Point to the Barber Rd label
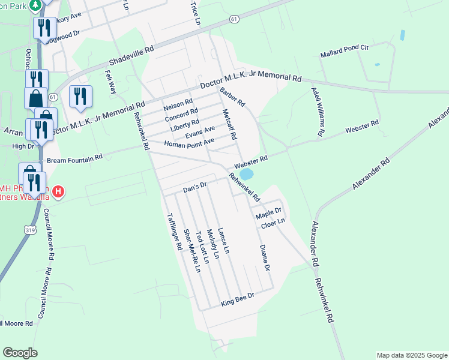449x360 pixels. click(x=232, y=97)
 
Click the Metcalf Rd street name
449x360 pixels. click(x=229, y=125)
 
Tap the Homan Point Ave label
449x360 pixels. click(x=189, y=143)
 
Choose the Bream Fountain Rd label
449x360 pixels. click(x=75, y=158)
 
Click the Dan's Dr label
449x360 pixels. click(x=194, y=187)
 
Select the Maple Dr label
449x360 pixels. click(x=268, y=213)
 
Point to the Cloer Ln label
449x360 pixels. click(x=272, y=224)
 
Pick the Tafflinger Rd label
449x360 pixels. click(x=174, y=232)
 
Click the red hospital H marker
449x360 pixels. click(x=58, y=192)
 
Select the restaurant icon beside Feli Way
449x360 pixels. click(x=80, y=96)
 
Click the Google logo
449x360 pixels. click(x=20, y=353)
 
